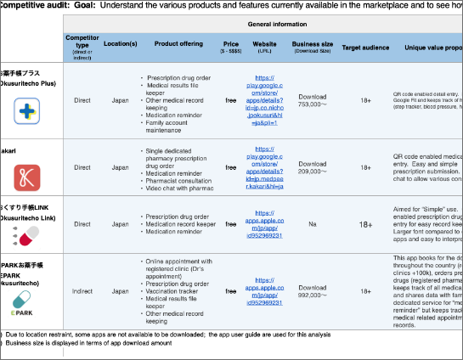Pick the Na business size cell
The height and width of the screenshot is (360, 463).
point(313,225)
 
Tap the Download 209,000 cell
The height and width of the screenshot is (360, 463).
point(313,167)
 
